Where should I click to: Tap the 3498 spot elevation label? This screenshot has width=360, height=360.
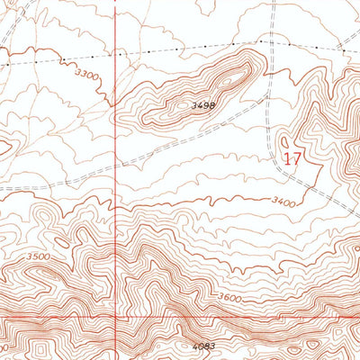(x=203, y=105)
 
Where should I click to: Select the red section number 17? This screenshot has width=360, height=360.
(x=292, y=158)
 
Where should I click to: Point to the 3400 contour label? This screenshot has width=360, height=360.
(x=282, y=203)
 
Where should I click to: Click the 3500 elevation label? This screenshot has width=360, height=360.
(x=39, y=257)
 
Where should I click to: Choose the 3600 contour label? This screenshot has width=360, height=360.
(x=229, y=298)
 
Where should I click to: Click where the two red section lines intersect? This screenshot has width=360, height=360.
(x=116, y=318)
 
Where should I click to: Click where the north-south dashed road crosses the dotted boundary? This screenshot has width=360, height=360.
(x=270, y=41)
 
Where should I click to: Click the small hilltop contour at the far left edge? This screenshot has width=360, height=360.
(x=4, y=144)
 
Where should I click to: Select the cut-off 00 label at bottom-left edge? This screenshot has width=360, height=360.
(x=4, y=346)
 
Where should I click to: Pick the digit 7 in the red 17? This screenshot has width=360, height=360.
(x=296, y=158)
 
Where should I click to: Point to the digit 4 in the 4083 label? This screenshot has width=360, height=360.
(x=195, y=345)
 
